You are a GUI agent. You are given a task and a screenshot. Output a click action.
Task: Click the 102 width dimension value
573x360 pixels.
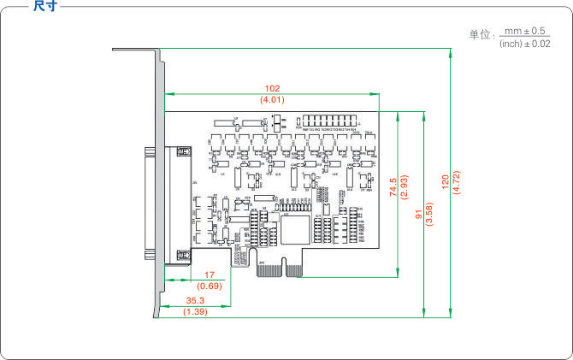click(273, 88)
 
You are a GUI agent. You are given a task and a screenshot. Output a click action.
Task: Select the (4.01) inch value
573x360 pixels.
click(273, 100)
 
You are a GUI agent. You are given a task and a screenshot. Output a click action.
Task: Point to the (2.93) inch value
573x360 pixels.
click(404, 187)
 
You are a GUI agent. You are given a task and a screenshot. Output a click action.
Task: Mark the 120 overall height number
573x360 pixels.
click(445, 182)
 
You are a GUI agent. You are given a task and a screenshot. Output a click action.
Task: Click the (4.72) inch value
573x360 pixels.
click(456, 182)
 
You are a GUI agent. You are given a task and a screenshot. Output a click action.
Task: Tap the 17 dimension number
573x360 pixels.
click(209, 274)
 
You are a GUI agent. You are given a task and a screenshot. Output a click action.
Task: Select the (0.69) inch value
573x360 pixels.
click(209, 285)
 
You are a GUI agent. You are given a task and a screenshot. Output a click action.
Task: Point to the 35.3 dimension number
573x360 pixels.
click(196, 301)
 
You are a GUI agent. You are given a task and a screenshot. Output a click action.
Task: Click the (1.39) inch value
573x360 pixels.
click(196, 313)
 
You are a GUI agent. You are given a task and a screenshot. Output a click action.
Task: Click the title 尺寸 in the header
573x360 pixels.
click(44, 6)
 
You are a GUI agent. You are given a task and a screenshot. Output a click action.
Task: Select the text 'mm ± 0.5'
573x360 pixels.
click(524, 31)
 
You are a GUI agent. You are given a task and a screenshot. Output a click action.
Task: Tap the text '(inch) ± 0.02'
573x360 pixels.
click(524, 43)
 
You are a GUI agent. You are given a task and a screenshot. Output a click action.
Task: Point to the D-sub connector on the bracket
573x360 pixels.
click(151, 204)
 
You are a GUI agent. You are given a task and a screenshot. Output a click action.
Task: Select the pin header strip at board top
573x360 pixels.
click(334, 121)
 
